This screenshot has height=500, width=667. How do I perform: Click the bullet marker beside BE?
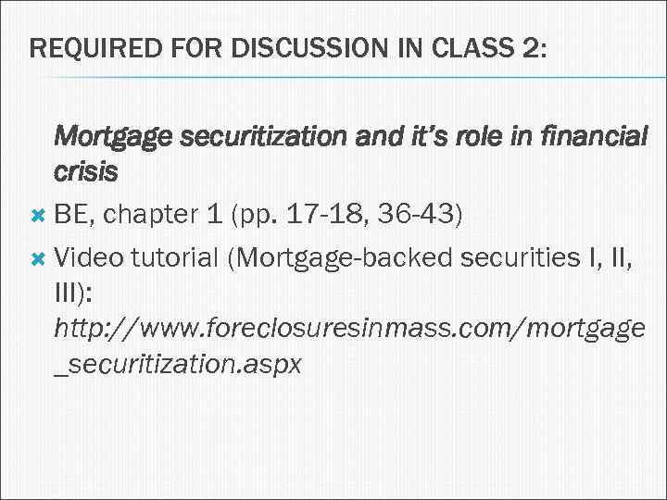38,215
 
